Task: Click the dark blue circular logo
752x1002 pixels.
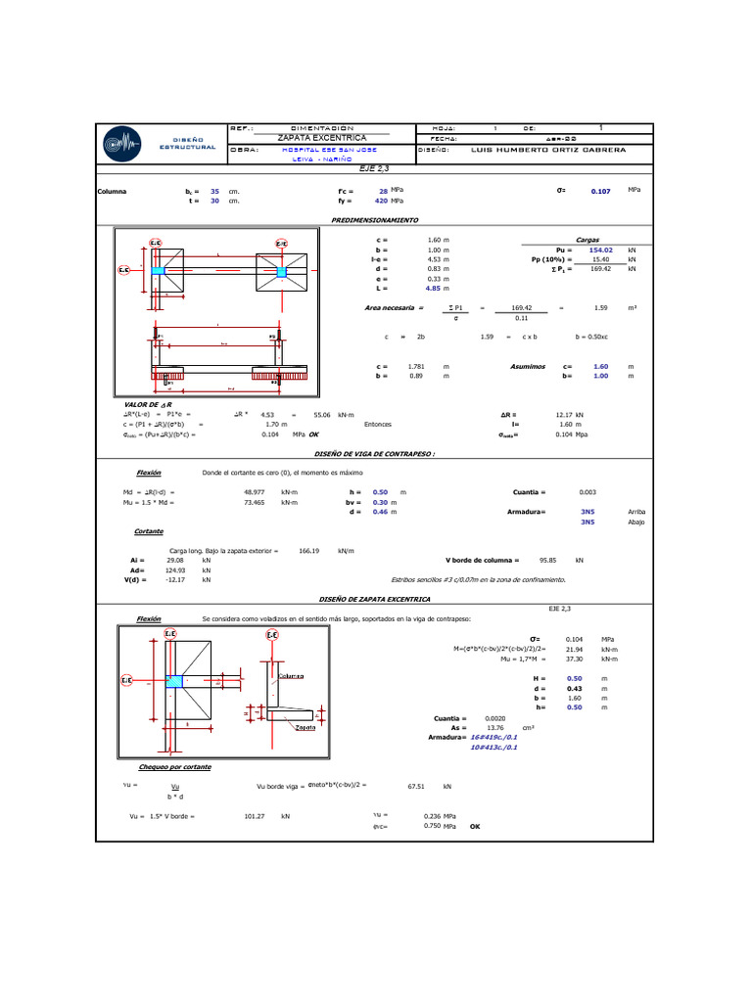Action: (x=128, y=144)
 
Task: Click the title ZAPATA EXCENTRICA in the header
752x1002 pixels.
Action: (x=322, y=138)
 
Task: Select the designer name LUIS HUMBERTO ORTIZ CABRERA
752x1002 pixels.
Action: (x=547, y=150)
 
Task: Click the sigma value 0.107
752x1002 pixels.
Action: (x=600, y=191)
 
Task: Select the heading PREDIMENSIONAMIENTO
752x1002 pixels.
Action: (x=375, y=221)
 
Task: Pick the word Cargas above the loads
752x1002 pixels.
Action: (x=587, y=240)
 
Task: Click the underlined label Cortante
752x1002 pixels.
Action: (x=149, y=531)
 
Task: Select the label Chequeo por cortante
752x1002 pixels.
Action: (x=174, y=767)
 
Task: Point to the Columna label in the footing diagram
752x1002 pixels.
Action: (x=291, y=676)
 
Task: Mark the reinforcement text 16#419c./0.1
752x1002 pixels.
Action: (x=493, y=737)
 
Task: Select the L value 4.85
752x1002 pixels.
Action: (x=432, y=289)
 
